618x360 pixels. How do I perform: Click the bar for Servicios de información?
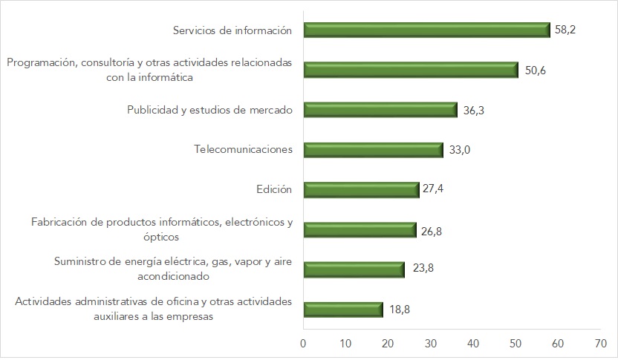tap(426, 30)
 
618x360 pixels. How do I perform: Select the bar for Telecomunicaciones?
tap(374, 149)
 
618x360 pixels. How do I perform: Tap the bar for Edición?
tap(362, 189)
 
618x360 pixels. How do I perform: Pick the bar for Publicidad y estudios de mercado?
tap(380, 109)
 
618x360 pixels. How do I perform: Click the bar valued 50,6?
tap(411, 70)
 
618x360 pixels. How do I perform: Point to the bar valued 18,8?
tap(343, 309)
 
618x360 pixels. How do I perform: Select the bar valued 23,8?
tap(354, 269)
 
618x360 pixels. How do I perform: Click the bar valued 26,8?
tap(360, 229)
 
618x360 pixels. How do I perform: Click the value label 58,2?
tap(566, 30)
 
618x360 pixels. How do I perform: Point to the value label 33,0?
tap(460, 150)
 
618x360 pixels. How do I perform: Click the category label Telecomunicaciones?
tap(243, 149)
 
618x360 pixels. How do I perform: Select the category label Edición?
tap(273, 189)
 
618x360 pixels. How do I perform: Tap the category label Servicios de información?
tap(232, 30)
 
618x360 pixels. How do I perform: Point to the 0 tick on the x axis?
tap(303, 344)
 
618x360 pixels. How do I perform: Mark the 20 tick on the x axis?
tap(388, 344)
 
